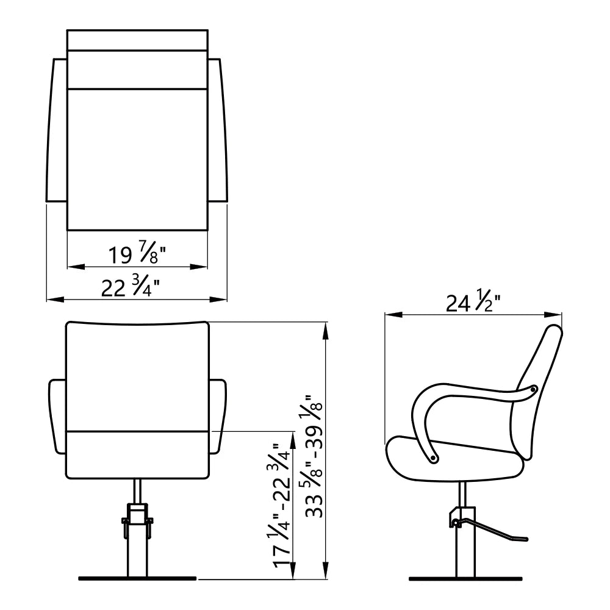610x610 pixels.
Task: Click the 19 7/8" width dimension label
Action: [137, 254]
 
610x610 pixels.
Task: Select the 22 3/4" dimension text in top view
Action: [131, 287]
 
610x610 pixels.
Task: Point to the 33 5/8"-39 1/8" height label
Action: [314, 456]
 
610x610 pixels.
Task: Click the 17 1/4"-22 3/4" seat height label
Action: [280, 506]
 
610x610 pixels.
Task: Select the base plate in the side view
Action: [465, 579]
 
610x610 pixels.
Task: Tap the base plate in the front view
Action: [137, 578]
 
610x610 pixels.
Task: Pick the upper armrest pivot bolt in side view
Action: [534, 388]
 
